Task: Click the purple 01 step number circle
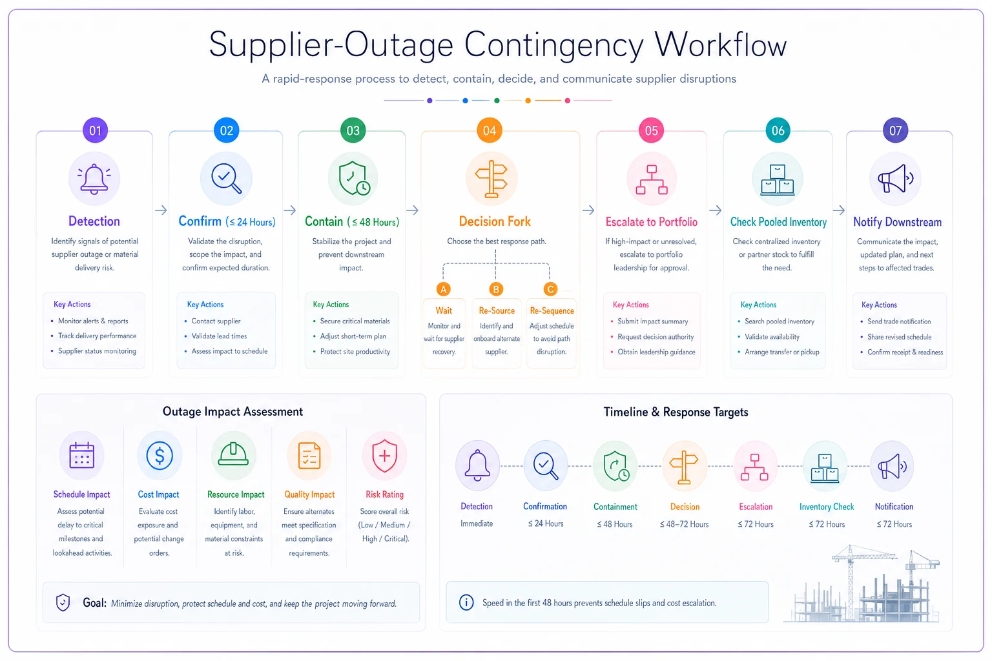point(95,130)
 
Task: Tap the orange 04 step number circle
point(490,130)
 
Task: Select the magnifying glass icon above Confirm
point(226,178)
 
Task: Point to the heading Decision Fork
point(495,221)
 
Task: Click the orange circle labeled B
point(496,289)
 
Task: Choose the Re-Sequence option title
point(552,310)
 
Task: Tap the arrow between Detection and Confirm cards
point(161,210)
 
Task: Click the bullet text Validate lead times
point(219,336)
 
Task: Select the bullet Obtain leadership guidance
point(656,352)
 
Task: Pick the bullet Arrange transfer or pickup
point(782,352)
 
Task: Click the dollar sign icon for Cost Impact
point(160,456)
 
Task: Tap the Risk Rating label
point(384,494)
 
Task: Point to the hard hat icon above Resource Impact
point(233,454)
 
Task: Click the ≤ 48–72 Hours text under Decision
point(684,524)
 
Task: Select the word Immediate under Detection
point(477,524)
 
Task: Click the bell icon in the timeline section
point(477,465)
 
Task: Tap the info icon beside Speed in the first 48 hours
point(466,602)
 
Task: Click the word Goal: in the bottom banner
point(95,602)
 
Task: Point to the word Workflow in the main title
point(721,45)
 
